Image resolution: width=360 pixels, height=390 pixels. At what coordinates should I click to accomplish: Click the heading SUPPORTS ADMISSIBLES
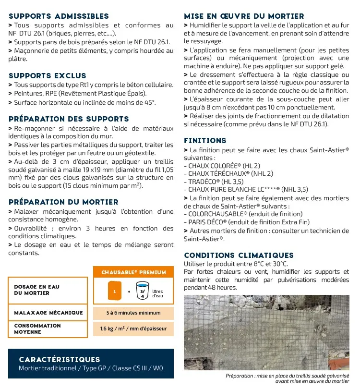point(59,16)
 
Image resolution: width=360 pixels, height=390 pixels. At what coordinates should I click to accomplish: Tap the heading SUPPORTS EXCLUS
point(48,75)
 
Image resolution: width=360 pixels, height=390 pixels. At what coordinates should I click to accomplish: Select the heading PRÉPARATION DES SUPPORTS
point(69,119)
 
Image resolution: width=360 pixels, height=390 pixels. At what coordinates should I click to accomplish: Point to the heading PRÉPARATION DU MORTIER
point(63,202)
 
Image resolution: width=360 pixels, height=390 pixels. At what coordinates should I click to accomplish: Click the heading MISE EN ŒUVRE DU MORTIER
point(244,16)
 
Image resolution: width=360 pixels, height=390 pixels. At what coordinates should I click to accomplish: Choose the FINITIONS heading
point(205,141)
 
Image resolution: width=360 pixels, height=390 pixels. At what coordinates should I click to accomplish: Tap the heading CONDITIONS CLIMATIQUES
point(239,255)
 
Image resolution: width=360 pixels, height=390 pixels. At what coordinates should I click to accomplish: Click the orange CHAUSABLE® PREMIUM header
point(133,272)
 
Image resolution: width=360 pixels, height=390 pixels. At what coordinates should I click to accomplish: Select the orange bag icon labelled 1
point(115,291)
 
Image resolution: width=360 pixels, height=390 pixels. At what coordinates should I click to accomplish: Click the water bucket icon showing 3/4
point(142,291)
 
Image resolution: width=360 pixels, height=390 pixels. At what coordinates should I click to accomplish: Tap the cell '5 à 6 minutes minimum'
point(133,313)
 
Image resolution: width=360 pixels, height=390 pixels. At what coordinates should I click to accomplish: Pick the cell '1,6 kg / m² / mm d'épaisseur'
point(133,329)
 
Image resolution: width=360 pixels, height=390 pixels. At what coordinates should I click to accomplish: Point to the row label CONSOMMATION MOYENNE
point(37,329)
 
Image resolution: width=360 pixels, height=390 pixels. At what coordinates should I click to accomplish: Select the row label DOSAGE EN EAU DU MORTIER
point(37,290)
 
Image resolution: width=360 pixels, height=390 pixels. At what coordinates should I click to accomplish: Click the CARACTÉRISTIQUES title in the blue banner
point(60,359)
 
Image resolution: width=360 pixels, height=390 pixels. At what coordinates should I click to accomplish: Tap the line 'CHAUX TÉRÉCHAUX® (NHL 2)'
point(228,173)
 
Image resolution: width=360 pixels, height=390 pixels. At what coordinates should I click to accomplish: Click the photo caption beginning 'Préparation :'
point(287,378)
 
